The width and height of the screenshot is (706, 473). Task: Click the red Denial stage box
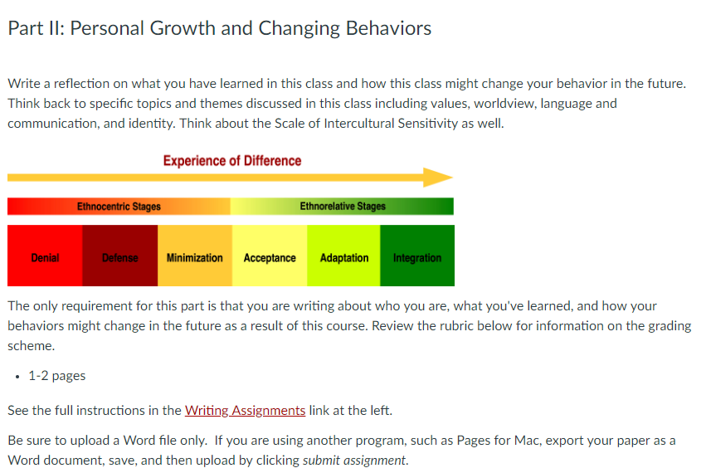(x=45, y=256)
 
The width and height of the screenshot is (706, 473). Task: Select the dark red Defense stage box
(x=120, y=256)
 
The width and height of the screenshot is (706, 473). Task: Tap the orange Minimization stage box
(x=195, y=256)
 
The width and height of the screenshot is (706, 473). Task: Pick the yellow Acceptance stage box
(x=270, y=256)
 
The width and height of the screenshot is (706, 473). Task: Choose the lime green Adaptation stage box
(x=344, y=256)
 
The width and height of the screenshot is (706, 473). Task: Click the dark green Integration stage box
(x=417, y=256)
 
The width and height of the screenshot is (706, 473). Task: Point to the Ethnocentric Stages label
(x=119, y=207)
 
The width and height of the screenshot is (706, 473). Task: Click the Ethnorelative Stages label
(x=343, y=207)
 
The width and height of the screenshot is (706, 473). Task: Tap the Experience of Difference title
(x=232, y=161)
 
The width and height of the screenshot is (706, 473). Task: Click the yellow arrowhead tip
(x=452, y=178)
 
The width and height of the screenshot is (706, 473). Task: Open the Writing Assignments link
(x=245, y=411)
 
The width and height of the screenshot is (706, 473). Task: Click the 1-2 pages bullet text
(x=56, y=376)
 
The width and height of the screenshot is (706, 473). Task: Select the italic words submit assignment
(x=354, y=461)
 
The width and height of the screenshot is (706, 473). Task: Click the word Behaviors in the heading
(x=388, y=28)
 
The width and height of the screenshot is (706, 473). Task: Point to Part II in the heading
(x=36, y=28)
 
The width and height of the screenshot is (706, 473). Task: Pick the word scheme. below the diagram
(x=31, y=346)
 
